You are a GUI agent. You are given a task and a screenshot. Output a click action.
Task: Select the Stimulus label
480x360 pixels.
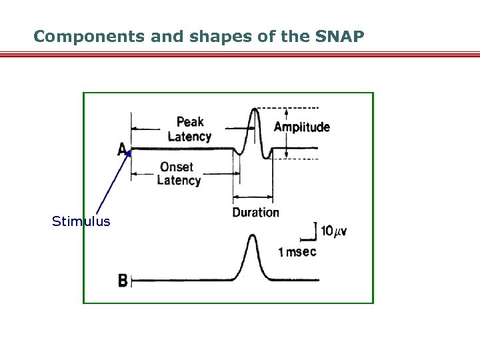point(81,221)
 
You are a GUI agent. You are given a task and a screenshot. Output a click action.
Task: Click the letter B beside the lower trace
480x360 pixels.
point(123,281)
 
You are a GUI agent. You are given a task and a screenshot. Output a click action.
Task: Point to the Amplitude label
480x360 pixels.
point(302,127)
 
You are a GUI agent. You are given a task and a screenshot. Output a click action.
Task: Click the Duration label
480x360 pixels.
point(255,212)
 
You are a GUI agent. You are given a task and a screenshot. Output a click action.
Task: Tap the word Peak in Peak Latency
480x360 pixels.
point(190,122)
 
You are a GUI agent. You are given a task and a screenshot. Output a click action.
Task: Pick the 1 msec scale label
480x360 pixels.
point(297,251)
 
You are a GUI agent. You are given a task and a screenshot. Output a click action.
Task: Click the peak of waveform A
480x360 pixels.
point(253,109)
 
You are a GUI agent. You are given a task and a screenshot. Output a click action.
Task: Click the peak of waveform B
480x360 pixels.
point(252,236)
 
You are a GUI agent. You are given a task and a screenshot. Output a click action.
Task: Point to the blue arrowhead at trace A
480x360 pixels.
point(128,153)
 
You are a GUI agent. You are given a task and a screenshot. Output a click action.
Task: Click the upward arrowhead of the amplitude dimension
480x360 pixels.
point(286,111)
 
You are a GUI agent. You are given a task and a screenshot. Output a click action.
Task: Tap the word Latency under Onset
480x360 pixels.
point(179,180)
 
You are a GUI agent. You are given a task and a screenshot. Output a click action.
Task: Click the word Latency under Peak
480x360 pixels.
point(189,137)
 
